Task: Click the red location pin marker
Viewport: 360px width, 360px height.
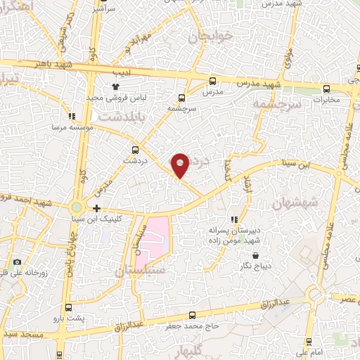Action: pos(181,165)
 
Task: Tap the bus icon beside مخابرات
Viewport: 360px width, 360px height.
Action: pos(326,89)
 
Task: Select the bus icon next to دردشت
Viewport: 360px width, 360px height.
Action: pos(136,149)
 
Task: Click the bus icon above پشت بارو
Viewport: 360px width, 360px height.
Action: pos(69,308)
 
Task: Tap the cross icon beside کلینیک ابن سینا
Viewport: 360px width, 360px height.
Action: pos(96,208)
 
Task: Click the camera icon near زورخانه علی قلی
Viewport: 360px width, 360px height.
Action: pos(18,262)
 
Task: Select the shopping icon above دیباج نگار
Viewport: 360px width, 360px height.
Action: pos(256,255)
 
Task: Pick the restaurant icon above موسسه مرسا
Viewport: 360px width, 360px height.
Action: pos(71,117)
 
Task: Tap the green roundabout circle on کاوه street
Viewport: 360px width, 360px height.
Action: pos(76,208)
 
